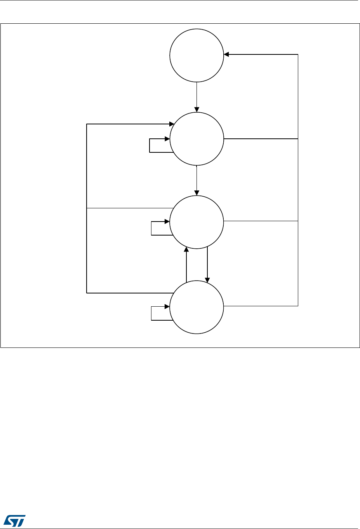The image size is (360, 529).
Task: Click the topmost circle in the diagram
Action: pyautogui.click(x=197, y=55)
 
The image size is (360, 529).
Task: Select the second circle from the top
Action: pyautogui.click(x=197, y=139)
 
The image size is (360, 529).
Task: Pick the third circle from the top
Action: pyautogui.click(x=197, y=222)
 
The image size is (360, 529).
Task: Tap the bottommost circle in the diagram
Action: pyautogui.click(x=197, y=307)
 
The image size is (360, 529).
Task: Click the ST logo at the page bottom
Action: pyautogui.click(x=15, y=521)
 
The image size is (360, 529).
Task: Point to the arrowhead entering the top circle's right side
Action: pyautogui.click(x=226, y=54)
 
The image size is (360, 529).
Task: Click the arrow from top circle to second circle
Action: pyautogui.click(x=197, y=97)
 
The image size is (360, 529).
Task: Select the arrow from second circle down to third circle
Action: pyautogui.click(x=197, y=180)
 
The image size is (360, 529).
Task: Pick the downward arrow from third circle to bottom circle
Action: pyautogui.click(x=207, y=264)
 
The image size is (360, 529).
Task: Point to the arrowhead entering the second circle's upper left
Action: pyautogui.click(x=171, y=124)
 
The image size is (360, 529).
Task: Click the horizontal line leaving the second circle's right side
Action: pyautogui.click(x=260, y=138)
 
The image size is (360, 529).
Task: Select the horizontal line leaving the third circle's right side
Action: pyautogui.click(x=260, y=221)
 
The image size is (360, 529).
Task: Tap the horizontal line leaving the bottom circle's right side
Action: pyautogui.click(x=260, y=306)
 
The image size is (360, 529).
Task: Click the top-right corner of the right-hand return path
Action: pyautogui.click(x=298, y=54)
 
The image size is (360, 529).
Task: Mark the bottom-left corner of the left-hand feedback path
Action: pyautogui.click(x=87, y=293)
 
